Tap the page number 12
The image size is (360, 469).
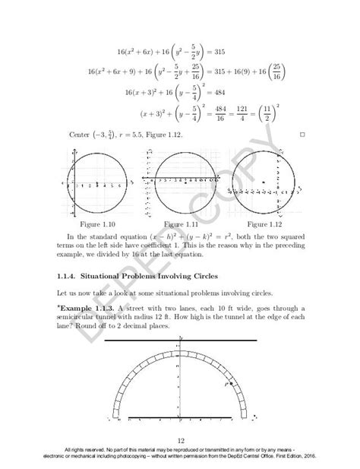(x=180, y=440)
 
